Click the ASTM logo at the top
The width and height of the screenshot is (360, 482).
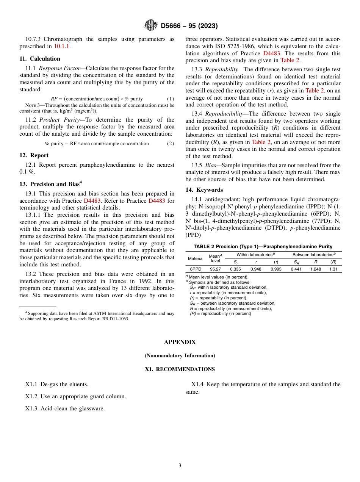pos(151,25)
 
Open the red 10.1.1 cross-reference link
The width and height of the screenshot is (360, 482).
pos(62,46)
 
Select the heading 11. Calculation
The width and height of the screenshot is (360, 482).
pos(40,59)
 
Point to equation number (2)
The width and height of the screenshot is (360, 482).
pos(171,144)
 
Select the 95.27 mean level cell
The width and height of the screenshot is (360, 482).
pos(215,269)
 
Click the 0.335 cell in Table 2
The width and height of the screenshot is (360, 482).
pos(235,269)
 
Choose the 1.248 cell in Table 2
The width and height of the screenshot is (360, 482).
pos(315,269)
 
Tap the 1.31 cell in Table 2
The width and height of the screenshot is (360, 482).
pos(333,269)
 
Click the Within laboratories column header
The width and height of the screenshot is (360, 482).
pos(256,255)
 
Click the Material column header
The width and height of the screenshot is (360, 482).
pos(196,258)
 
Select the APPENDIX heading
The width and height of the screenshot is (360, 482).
pos(180,342)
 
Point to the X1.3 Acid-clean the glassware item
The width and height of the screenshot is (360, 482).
pos(65,408)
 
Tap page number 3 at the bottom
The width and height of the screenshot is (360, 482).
pos(180,465)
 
